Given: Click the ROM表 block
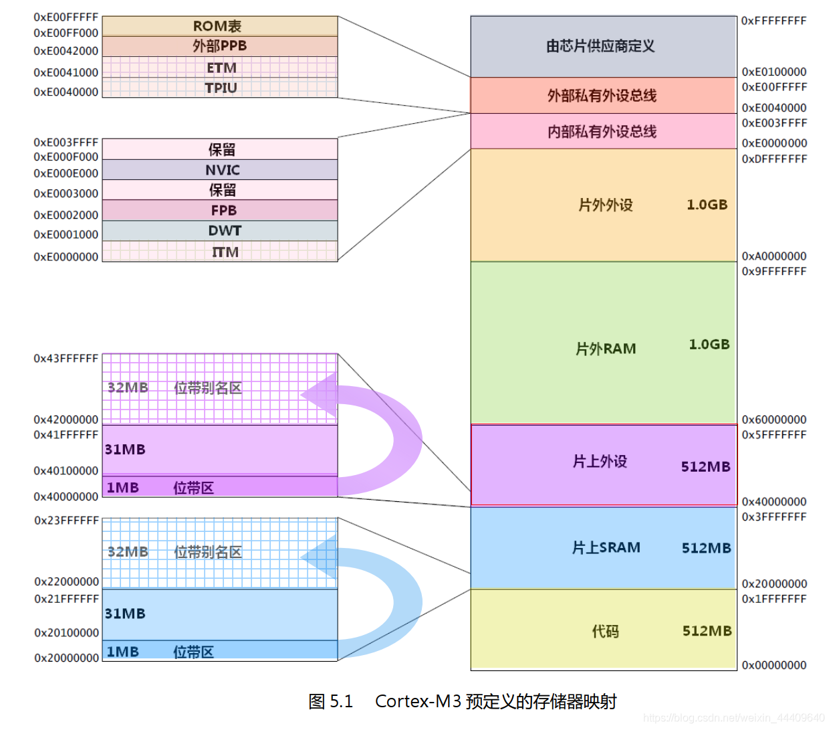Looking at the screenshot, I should pos(219,26).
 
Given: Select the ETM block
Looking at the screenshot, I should pos(221,68).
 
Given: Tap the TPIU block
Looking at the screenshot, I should pos(221,88).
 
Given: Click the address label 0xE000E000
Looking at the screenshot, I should pos(66,173).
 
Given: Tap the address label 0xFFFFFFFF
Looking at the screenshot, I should pos(774,21).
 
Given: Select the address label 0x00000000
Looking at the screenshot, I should pos(774,665).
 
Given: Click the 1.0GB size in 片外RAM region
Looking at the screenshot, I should pos(709,344).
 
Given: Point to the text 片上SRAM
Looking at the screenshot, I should pos(606,547).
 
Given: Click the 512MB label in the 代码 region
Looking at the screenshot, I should pos(707,631).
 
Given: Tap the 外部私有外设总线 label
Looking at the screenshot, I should pos(602,96).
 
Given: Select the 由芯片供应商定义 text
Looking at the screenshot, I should pos(600,46).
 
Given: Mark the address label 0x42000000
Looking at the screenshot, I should pos(66,420).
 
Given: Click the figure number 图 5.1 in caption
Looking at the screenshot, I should pos(330,701).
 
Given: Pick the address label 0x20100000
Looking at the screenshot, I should pos(66,632).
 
